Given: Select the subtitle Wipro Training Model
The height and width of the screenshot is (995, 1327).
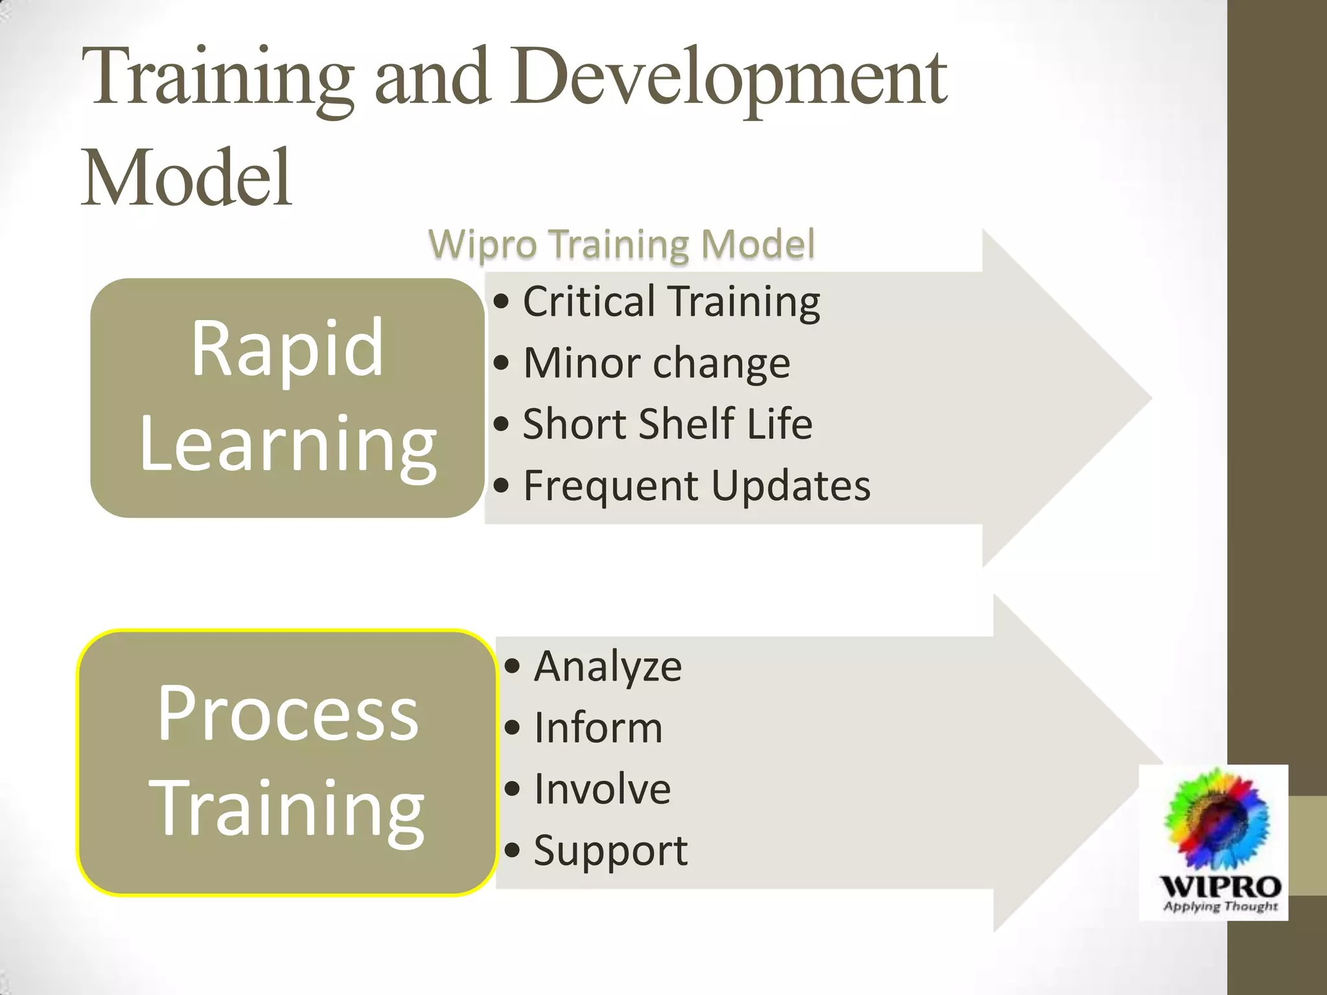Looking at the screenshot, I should [x=621, y=245].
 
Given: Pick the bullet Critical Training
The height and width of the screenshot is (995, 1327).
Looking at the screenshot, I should [x=671, y=302].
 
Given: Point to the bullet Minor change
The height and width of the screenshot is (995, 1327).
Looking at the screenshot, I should [x=656, y=363].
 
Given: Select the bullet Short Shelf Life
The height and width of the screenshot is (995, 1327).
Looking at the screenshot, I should [x=667, y=424].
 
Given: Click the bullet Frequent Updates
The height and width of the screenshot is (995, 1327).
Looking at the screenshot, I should [x=696, y=486].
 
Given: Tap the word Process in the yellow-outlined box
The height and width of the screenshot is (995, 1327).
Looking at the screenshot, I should [x=288, y=714].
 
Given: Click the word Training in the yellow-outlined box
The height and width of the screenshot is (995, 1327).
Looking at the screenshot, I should [x=286, y=810].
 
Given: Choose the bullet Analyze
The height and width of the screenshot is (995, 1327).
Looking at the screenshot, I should [x=607, y=667].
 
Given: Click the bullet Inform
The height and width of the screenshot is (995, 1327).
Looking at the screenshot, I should [x=597, y=728].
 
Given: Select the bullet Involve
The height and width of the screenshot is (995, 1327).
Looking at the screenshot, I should [x=602, y=789].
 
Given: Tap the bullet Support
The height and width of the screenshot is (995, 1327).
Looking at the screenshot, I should [x=610, y=851].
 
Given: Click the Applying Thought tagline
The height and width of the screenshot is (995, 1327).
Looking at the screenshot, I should [x=1219, y=906].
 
